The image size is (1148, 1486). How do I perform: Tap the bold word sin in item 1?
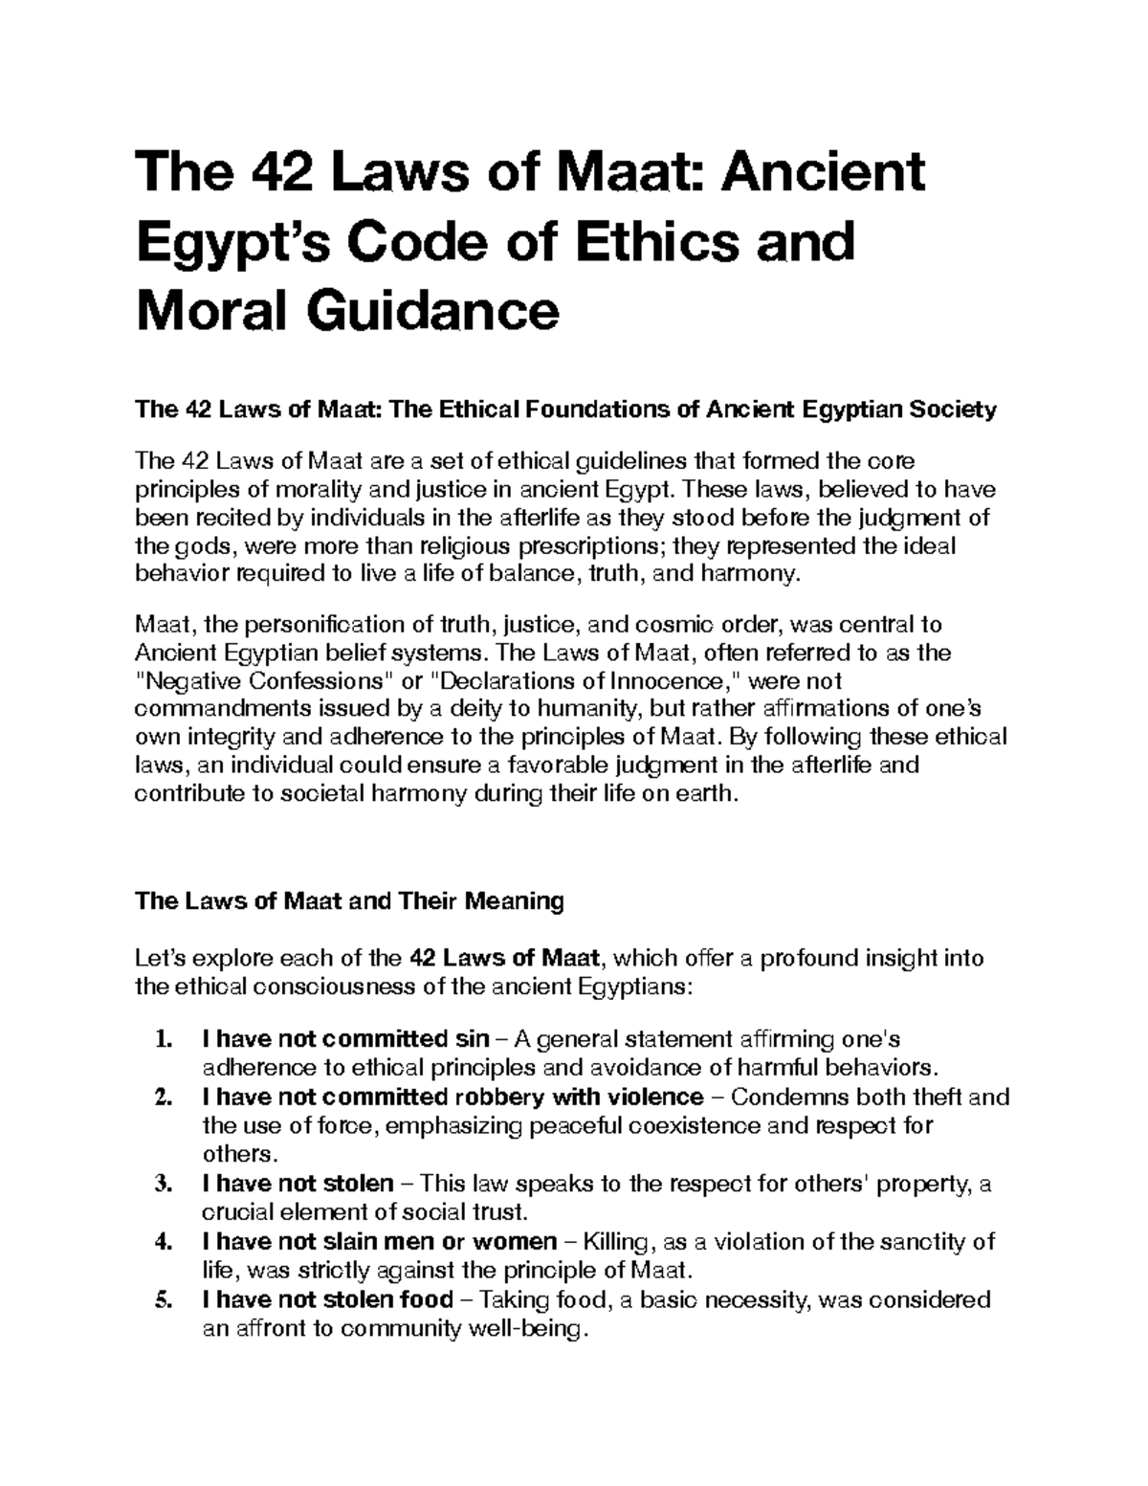[469, 1039]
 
